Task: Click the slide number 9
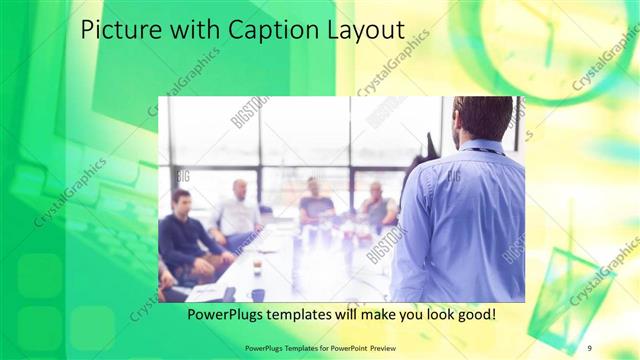click(589, 347)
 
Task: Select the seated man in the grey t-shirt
click(315, 204)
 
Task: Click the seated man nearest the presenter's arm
click(378, 207)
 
